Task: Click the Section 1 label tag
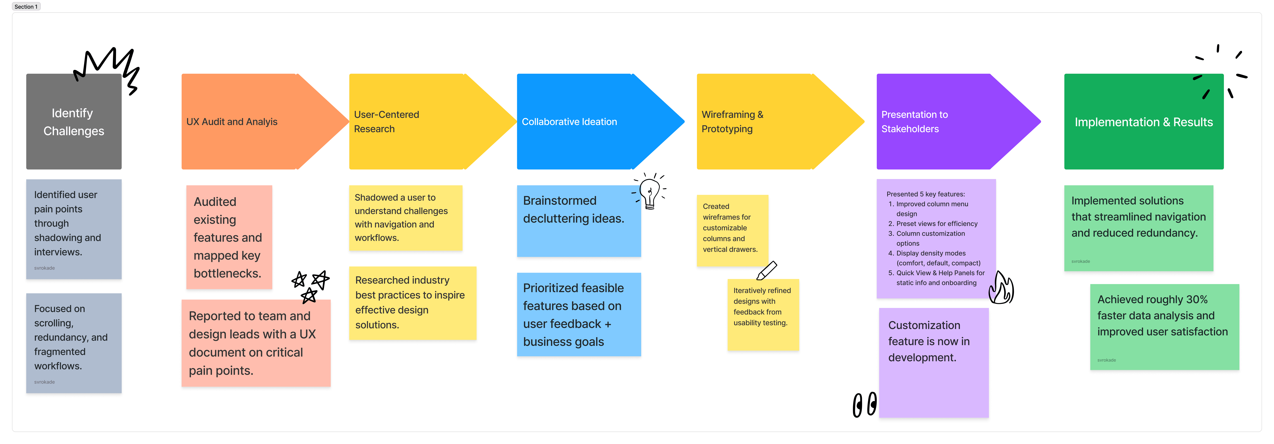(x=26, y=6)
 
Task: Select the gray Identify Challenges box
(x=74, y=122)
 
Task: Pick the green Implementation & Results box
(x=1143, y=122)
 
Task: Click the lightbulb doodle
(x=649, y=192)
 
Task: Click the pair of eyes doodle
(x=865, y=404)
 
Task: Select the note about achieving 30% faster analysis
(x=1164, y=327)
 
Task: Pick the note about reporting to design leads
(x=256, y=343)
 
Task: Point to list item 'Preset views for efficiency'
(x=937, y=224)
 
